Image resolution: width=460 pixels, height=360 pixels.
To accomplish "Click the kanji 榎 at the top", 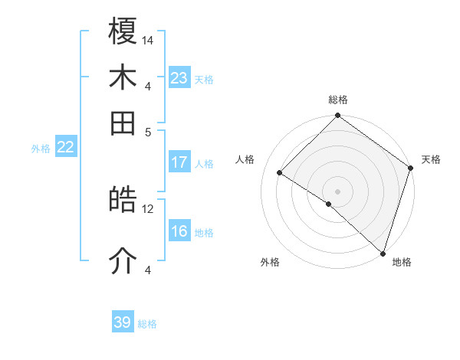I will click(123, 32).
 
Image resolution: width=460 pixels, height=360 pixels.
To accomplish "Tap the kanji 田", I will click(123, 122).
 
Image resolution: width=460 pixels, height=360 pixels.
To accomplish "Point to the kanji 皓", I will click(123, 200).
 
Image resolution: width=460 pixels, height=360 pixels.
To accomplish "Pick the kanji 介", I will click(123, 261).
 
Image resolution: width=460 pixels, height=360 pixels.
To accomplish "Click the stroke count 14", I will click(149, 40).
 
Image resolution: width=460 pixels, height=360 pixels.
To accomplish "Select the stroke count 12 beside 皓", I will click(148, 208).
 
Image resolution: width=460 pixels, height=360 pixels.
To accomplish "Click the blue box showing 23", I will click(179, 78).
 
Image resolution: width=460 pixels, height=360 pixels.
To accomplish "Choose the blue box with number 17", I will click(179, 162).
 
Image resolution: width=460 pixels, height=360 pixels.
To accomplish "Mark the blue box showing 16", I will click(179, 232).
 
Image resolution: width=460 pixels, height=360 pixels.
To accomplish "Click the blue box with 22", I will click(65, 148).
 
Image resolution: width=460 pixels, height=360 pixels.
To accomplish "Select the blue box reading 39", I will click(122, 322).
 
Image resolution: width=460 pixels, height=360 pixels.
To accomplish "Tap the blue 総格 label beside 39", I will click(147, 324).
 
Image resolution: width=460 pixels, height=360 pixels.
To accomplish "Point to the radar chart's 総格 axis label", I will click(337, 100).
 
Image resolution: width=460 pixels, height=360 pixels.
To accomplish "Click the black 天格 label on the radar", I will click(431, 159).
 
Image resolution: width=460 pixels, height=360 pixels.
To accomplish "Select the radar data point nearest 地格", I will click(383, 253).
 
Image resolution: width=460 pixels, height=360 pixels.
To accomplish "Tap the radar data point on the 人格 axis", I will click(280, 172).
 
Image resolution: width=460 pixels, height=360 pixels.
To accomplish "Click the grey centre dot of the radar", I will click(337, 191).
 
